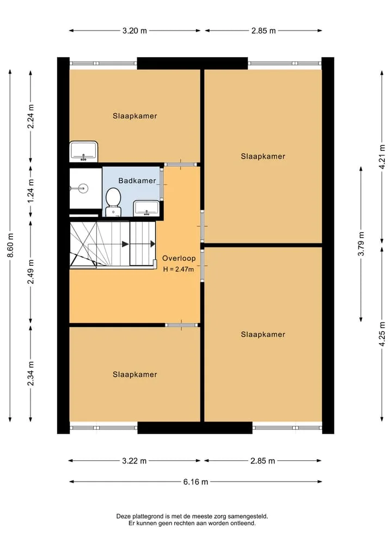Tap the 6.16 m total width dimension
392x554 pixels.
(195, 482)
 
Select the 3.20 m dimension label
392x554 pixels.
(134, 31)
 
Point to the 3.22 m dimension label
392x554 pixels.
(134, 461)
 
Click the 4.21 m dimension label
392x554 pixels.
(382, 156)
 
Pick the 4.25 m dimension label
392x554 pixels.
(382, 334)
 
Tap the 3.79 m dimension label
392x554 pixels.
(361, 244)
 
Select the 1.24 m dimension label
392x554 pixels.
(30, 191)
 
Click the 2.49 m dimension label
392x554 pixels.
(30, 271)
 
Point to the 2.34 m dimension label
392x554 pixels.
(30, 374)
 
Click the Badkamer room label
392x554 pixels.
(137, 180)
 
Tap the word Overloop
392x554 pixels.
(179, 258)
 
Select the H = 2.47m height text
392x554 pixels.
(179, 269)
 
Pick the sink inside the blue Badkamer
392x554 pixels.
(146, 208)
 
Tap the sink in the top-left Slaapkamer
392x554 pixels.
(84, 151)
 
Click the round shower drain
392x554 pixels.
(83, 188)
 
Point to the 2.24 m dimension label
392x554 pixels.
(30, 116)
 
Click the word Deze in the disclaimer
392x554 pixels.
(123, 516)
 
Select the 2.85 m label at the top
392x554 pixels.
(264, 31)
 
